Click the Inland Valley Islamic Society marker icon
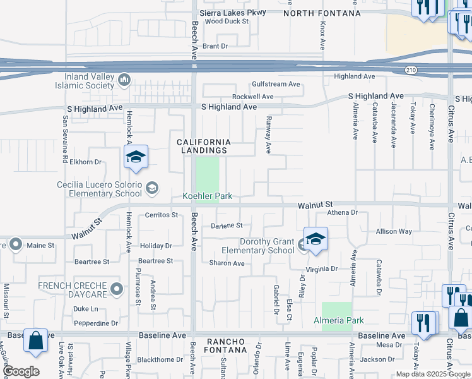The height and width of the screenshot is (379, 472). click(x=124, y=80)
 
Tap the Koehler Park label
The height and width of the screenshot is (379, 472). click(x=208, y=196)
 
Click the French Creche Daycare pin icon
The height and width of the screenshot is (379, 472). click(x=116, y=289)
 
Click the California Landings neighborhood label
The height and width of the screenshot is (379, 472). click(x=203, y=146)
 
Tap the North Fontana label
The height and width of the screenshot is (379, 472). click(x=322, y=13)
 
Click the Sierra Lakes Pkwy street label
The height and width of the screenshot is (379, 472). click(x=232, y=12)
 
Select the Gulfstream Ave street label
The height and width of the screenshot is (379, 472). click(x=276, y=84)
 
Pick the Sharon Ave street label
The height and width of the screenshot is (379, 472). click(x=227, y=263)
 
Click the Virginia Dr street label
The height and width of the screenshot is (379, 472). click(x=322, y=268)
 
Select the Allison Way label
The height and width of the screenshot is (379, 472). click(x=394, y=232)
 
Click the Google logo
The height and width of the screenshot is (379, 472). click(x=21, y=371)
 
